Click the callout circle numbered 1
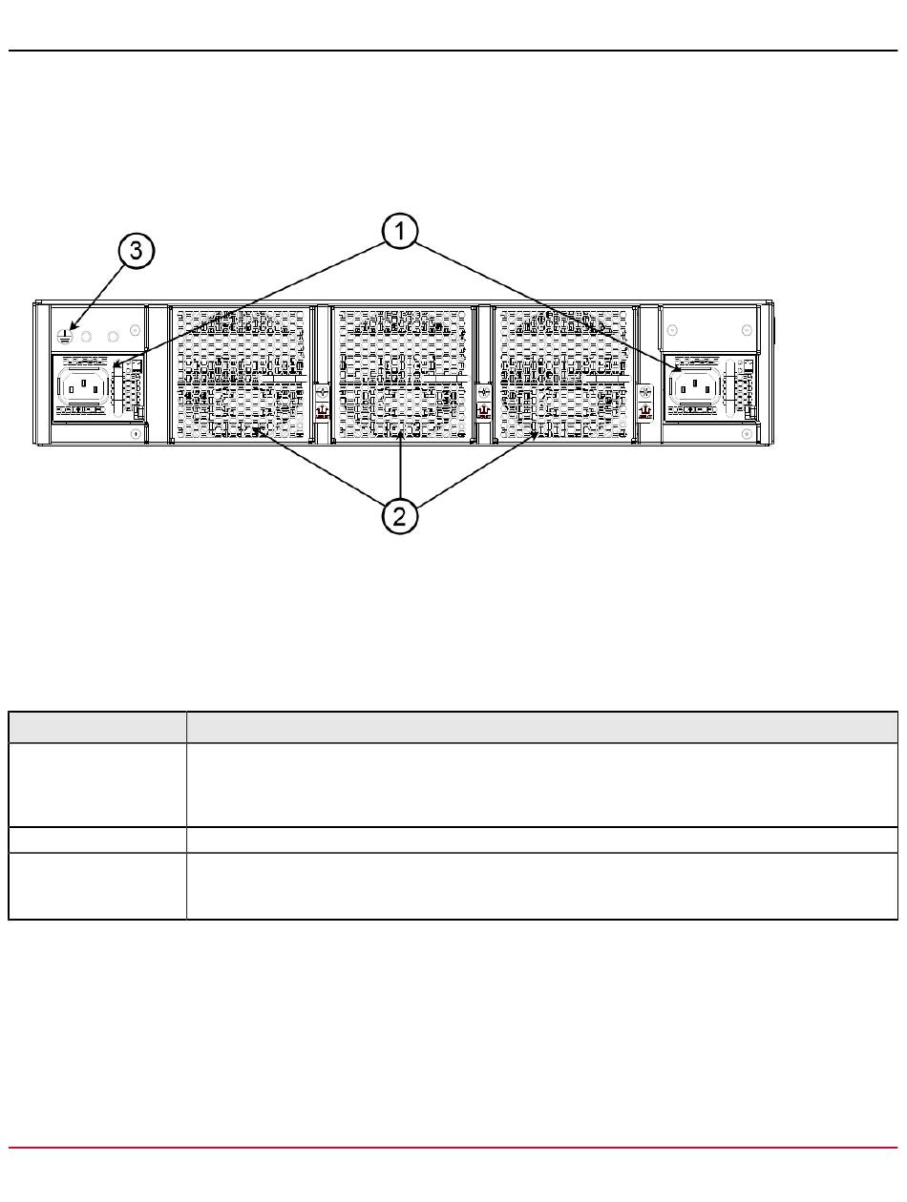pos(401,232)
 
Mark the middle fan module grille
pos(401,373)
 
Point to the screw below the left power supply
pos(135,434)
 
